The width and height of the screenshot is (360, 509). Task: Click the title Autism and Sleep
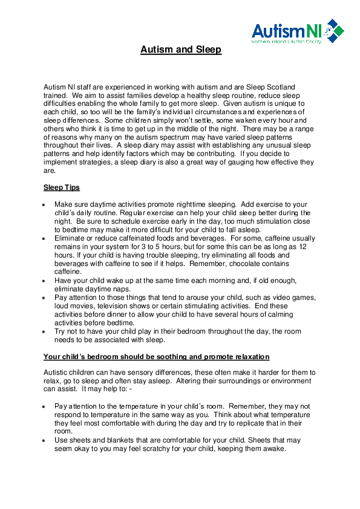181,50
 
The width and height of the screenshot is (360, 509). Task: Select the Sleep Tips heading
62,187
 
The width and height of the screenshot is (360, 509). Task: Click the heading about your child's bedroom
157,357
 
